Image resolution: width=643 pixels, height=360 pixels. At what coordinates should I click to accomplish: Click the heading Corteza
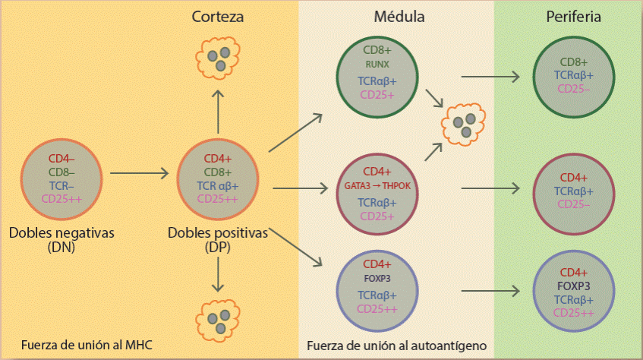tap(218, 17)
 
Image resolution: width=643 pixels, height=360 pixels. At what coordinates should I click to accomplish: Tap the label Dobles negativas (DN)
tap(61, 239)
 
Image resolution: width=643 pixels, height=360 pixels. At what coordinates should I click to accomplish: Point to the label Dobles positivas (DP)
tap(218, 239)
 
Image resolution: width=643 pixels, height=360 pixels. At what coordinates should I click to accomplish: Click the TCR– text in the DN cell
tap(62, 185)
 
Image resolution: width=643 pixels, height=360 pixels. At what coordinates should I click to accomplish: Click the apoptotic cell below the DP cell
tap(218, 316)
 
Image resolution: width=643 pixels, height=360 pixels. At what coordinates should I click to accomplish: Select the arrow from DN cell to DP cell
tap(140, 174)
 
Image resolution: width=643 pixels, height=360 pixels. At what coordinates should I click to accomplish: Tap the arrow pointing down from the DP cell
tap(218, 274)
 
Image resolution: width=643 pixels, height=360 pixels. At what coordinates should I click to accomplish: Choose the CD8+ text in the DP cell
tap(219, 172)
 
